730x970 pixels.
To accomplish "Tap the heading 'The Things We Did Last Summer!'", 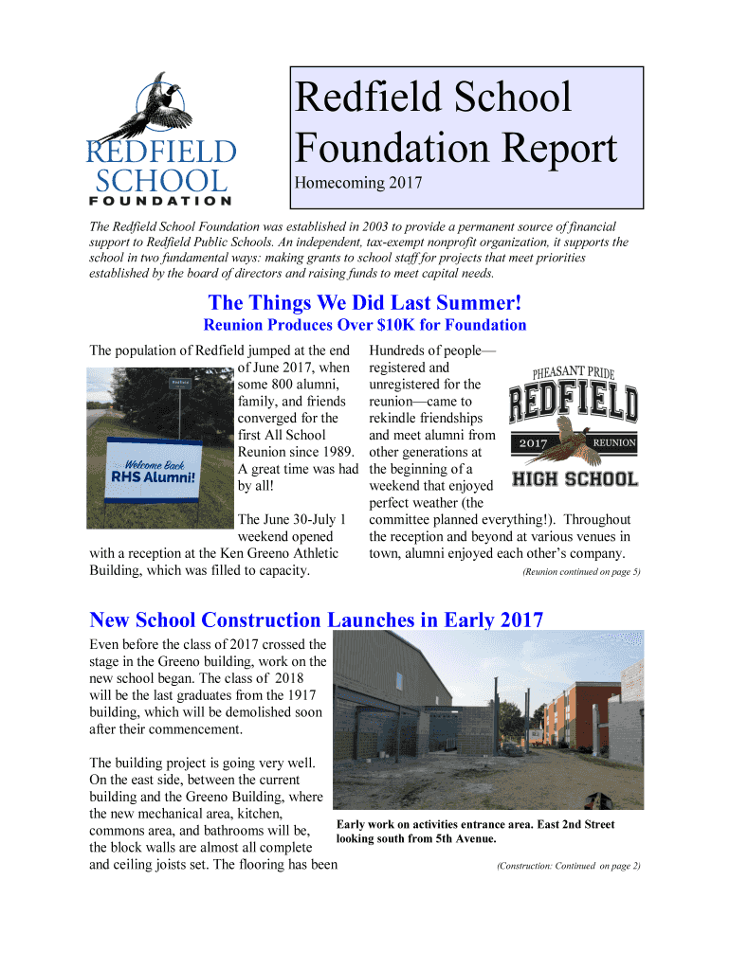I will tap(365, 303).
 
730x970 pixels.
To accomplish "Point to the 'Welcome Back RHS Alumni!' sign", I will tap(154, 470).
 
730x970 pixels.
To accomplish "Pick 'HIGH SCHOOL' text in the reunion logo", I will tap(575, 479).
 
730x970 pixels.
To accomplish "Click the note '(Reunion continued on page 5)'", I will tap(581, 572).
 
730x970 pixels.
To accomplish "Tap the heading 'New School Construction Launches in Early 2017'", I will tap(316, 620).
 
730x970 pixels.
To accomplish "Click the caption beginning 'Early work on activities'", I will tap(475, 832).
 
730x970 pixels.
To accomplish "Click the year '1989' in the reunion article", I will tap(337, 452).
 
